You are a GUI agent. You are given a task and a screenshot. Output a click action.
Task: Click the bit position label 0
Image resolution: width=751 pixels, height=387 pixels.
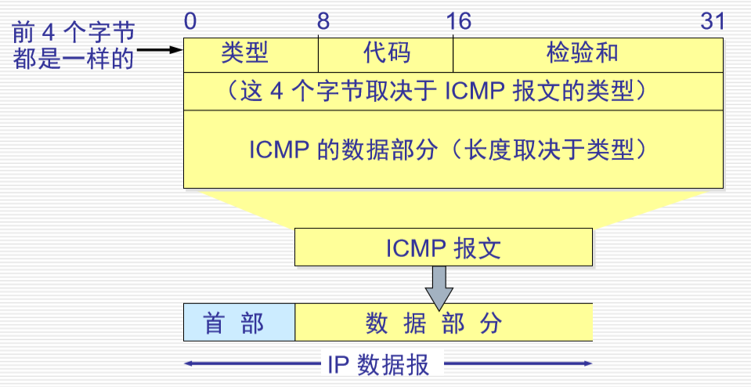pos(190,21)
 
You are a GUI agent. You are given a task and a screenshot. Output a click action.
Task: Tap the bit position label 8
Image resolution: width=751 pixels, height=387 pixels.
pos(323,21)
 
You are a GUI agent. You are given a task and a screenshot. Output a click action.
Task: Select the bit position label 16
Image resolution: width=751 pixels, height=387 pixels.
pos(457,21)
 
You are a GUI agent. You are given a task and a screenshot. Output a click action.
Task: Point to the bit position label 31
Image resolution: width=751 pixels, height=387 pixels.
pos(712,21)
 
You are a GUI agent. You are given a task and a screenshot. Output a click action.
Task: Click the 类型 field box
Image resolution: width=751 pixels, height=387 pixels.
pos(251,53)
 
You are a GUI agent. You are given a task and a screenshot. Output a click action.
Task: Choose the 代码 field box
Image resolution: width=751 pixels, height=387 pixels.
pos(385,53)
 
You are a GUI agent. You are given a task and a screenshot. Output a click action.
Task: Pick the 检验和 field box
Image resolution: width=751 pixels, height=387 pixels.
pos(587,53)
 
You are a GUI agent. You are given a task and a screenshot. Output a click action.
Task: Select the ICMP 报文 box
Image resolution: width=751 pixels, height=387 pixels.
pos(443,248)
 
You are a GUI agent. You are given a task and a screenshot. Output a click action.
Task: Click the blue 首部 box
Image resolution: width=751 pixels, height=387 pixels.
pos(239,322)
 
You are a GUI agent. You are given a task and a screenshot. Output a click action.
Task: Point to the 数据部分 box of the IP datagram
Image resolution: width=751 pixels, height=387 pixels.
pos(443,322)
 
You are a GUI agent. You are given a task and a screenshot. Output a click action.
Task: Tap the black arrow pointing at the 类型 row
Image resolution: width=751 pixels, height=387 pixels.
pos(161,51)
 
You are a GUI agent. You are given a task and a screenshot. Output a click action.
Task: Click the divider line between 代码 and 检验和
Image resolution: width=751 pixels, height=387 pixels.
pos(453,53)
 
